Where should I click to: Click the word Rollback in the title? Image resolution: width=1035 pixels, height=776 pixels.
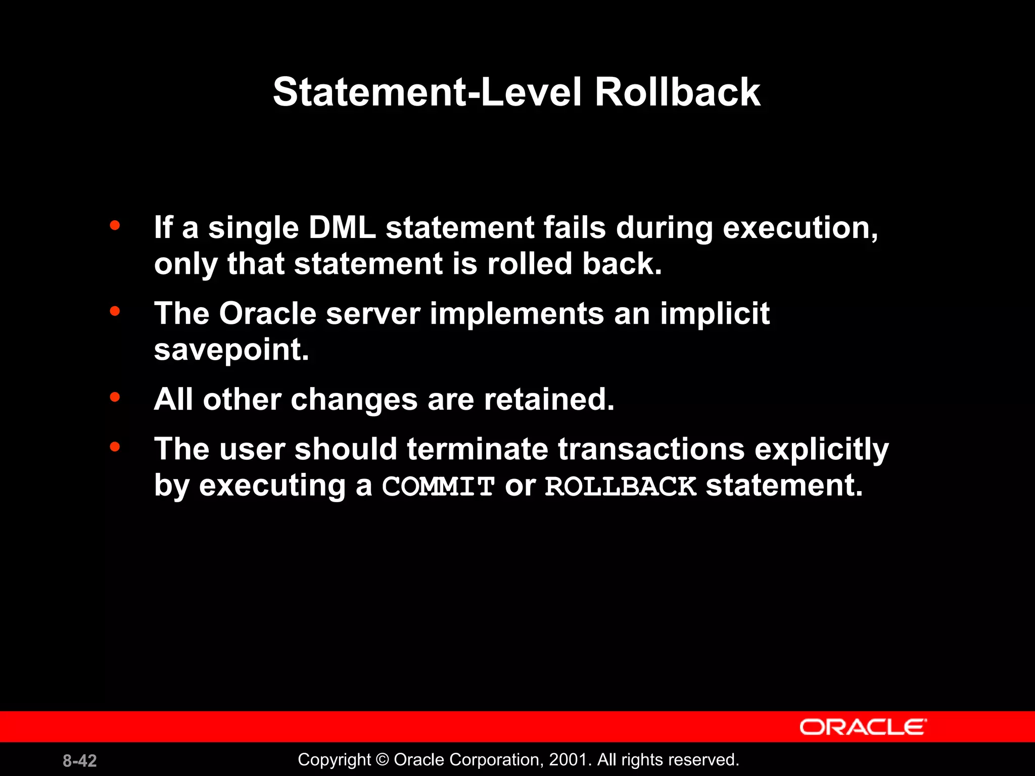pos(677,92)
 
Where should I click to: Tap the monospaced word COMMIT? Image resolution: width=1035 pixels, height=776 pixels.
pos(438,487)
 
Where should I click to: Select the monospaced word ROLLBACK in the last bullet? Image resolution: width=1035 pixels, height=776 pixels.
pos(621,487)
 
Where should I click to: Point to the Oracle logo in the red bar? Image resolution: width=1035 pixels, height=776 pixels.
pos(863,727)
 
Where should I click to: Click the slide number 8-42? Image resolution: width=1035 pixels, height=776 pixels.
pos(80,760)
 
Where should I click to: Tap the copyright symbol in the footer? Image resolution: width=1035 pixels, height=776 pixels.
pos(383,760)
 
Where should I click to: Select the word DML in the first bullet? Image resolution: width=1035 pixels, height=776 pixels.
pos(342,228)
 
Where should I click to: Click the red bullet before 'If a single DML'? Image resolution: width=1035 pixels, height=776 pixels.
pos(115,225)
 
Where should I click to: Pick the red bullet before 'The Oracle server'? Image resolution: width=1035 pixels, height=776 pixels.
pos(115,311)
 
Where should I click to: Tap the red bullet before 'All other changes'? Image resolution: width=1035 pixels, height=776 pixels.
pos(115,397)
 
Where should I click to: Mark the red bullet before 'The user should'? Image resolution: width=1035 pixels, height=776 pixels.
pos(115,447)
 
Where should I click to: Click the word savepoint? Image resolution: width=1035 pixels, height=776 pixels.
pos(231,350)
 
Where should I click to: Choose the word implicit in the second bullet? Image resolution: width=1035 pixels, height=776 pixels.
pos(715,314)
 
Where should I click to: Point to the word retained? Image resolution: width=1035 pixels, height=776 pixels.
pos(549,400)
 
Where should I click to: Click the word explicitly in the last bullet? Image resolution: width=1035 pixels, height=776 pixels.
pos(821,450)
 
